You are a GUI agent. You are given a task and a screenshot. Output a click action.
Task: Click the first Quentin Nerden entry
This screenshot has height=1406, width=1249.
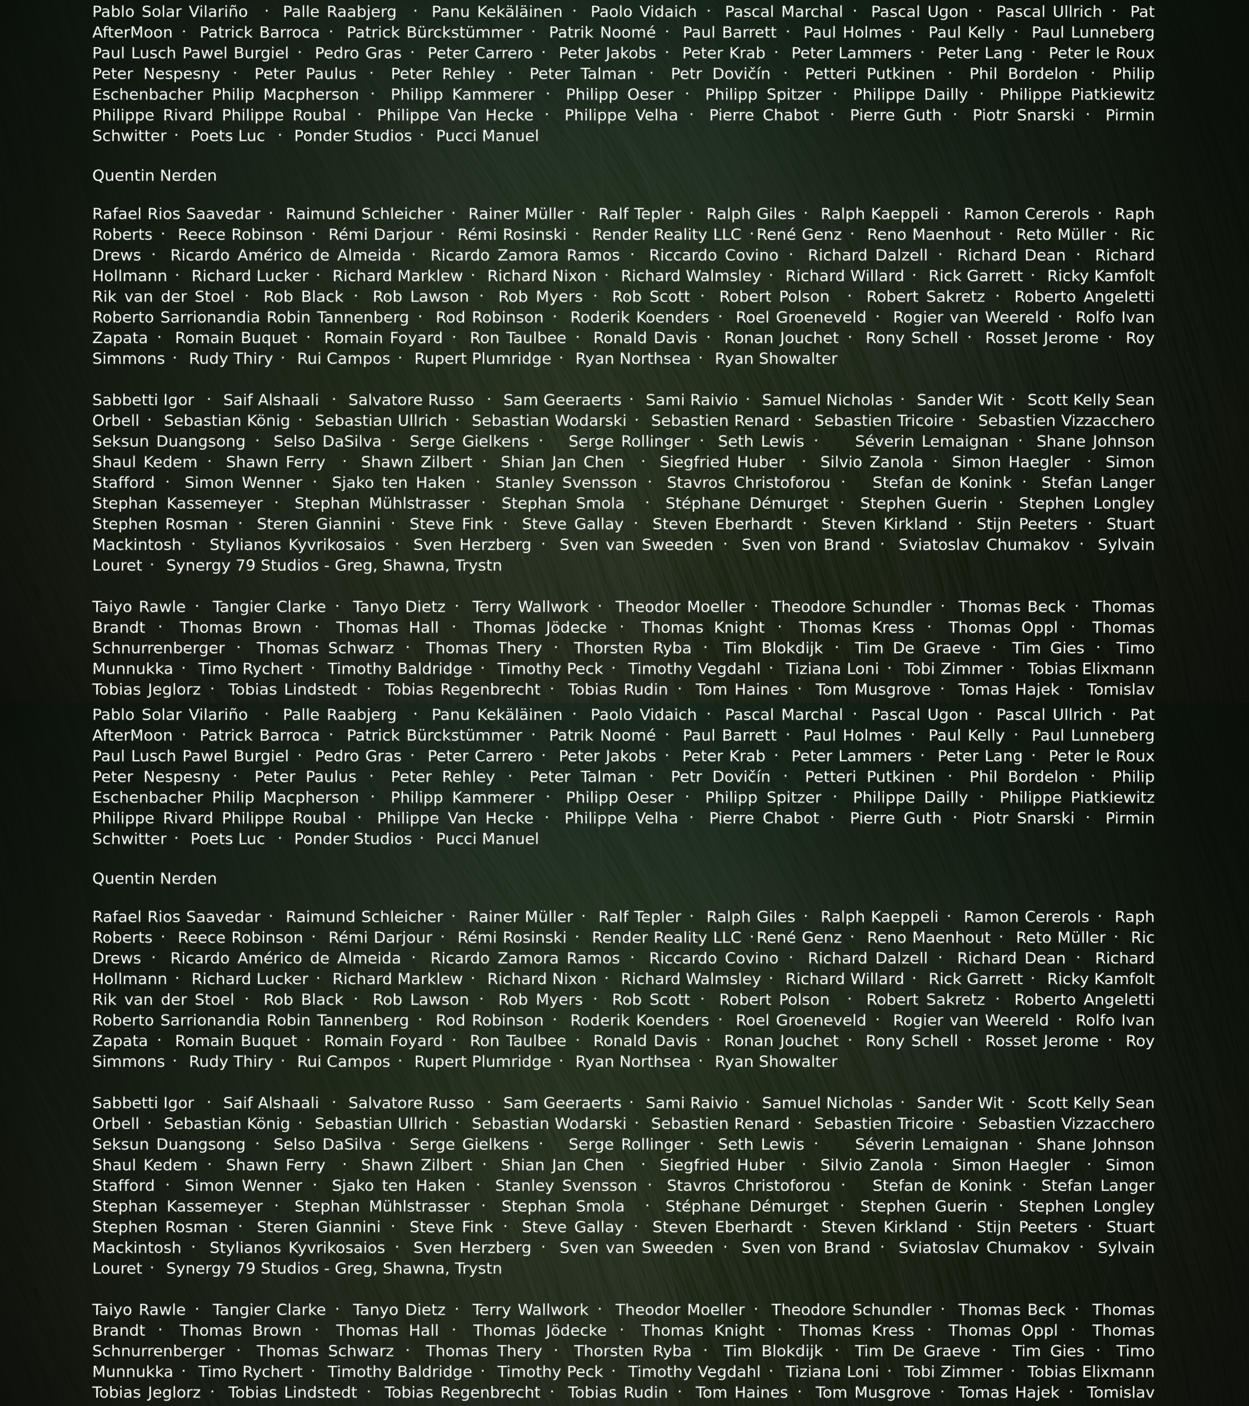[154, 175]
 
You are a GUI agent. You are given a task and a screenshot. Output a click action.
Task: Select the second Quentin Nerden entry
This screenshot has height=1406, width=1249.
[154, 878]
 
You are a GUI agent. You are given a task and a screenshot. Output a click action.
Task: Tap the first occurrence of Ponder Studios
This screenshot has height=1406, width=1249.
[353, 136]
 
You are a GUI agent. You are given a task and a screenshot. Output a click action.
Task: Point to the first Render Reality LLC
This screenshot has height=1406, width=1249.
[666, 235]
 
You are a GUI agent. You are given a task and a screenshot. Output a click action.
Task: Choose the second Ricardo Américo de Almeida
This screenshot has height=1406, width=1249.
[285, 958]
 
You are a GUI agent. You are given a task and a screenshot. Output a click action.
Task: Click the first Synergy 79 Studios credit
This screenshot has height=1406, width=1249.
[334, 566]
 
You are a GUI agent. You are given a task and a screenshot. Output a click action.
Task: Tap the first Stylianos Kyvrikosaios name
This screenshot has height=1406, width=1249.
[297, 545]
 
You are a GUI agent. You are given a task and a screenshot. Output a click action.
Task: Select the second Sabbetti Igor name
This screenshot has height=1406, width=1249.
[143, 1103]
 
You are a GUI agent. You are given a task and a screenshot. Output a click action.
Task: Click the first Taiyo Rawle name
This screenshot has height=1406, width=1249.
[139, 607]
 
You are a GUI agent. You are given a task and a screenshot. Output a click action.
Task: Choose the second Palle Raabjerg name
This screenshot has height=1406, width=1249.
[340, 715]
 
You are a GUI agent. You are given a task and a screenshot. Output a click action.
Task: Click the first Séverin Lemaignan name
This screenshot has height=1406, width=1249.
[931, 441]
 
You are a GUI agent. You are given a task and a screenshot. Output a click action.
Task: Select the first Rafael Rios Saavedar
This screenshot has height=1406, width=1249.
[176, 214]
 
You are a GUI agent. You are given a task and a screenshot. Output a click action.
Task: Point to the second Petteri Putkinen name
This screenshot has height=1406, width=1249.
[870, 777]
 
